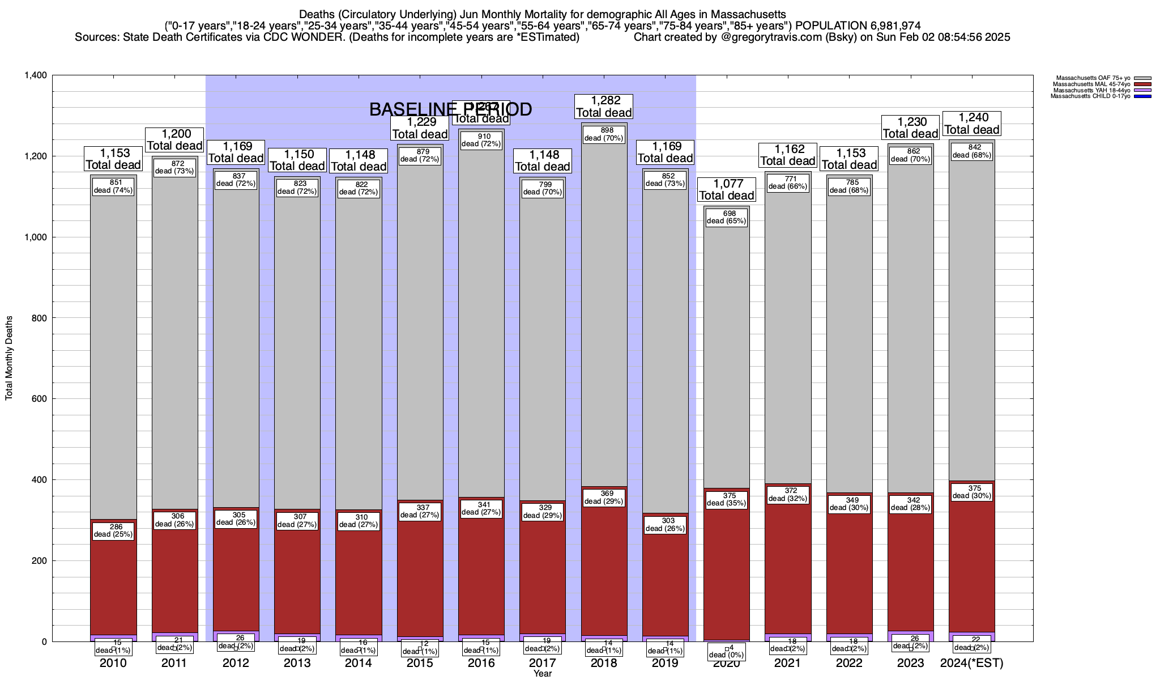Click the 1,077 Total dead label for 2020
point(726,189)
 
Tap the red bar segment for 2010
point(113,584)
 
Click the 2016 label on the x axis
point(481,663)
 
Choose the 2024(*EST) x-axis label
point(971,663)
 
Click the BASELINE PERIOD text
point(450,109)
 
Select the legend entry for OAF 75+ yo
point(1087,78)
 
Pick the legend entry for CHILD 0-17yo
point(1087,96)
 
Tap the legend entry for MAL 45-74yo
point(1087,84)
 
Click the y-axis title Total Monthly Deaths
point(9,358)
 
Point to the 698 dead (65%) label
point(726,217)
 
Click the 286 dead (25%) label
point(113,530)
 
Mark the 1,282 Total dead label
point(604,106)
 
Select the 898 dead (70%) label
point(604,134)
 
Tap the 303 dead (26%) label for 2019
point(665,525)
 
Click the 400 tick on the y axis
point(40,480)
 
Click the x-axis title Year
point(542,674)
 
